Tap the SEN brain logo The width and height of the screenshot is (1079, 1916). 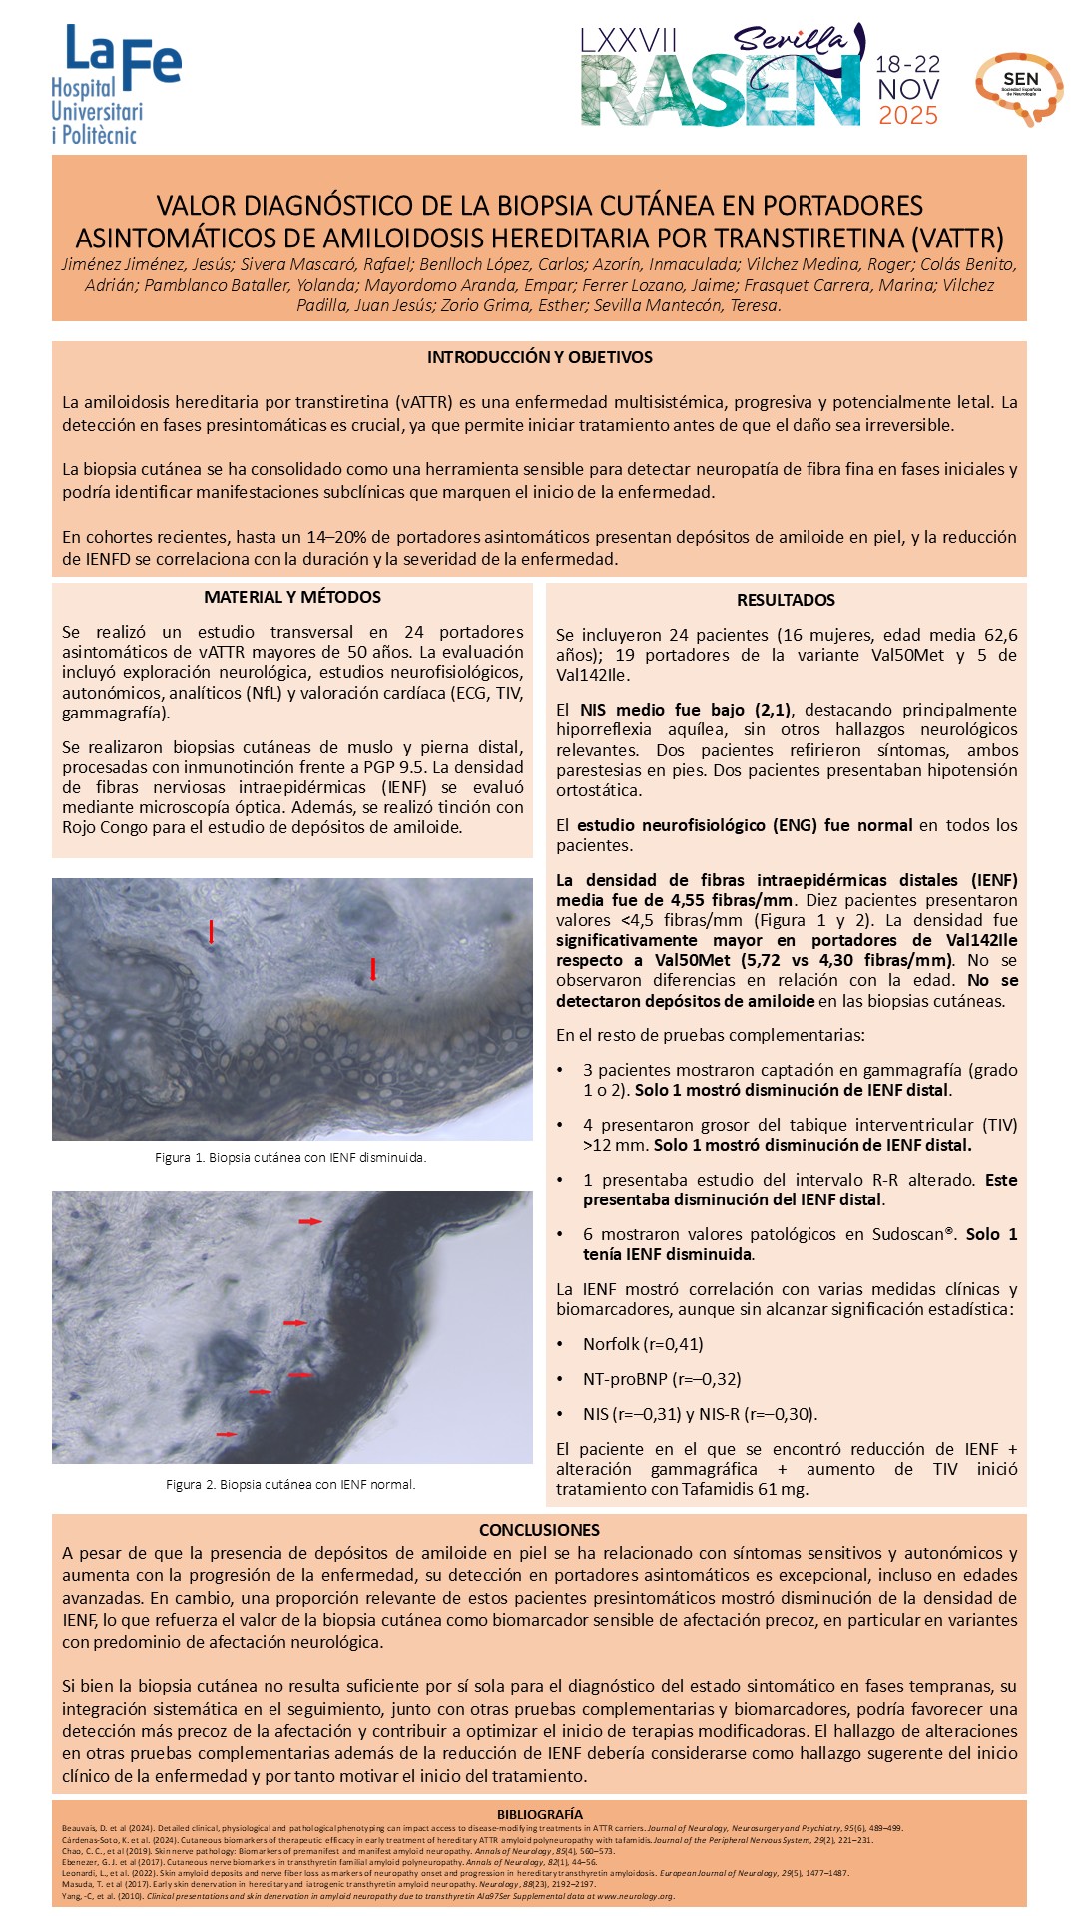pos(1019,88)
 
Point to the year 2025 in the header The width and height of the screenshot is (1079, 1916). pos(908,115)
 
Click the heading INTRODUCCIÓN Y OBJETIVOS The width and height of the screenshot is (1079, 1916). pos(539,357)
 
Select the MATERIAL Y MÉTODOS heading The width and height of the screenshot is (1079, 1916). pos(292,597)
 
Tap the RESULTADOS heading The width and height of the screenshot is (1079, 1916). pos(786,600)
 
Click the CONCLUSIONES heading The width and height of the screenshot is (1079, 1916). pos(539,1530)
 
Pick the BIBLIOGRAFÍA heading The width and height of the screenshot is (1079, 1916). pos(539,1814)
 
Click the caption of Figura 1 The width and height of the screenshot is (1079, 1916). pos(290,1158)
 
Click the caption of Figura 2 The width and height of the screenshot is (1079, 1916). pos(290,1484)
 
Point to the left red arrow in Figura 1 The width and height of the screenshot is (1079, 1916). pos(211,931)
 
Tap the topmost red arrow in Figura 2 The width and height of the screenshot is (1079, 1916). pos(311,1221)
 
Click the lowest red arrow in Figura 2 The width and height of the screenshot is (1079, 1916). pos(227,1434)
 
